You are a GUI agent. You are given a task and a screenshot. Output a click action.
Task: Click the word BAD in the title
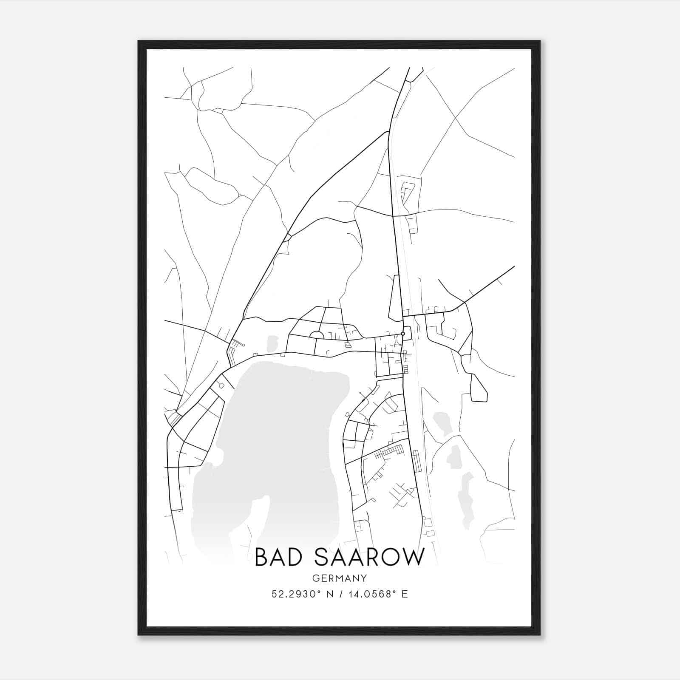pos(280,557)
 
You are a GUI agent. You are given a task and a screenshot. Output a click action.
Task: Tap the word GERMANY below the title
pos(340,578)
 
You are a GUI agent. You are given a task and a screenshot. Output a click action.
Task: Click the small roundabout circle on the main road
pos(402,334)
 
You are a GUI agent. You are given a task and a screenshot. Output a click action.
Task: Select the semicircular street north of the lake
pos(317,335)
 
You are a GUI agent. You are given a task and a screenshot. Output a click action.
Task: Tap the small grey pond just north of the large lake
pos(272,342)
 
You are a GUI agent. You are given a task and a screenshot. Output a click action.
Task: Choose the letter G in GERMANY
pos(315,578)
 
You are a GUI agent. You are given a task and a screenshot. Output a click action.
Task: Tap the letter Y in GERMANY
pos(364,578)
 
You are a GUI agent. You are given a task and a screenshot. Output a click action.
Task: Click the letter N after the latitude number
pos(328,594)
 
